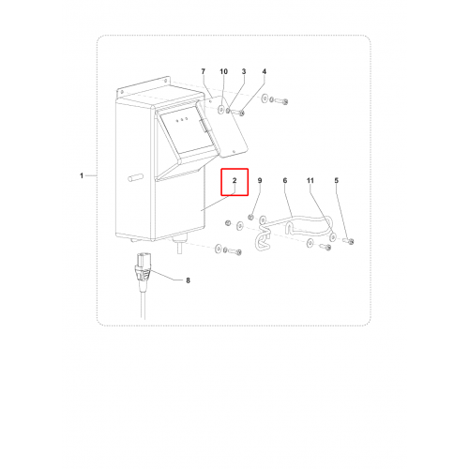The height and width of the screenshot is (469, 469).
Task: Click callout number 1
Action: (82, 175)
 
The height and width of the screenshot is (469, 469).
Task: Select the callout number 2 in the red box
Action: (234, 180)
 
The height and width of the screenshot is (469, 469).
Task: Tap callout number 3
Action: (244, 71)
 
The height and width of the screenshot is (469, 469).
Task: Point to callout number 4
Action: (265, 71)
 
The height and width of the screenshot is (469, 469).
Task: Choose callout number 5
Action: (337, 180)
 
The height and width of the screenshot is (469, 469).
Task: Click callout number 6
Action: (285, 180)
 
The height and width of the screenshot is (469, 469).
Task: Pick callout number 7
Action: (204, 71)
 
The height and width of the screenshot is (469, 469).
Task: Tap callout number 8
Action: (188, 280)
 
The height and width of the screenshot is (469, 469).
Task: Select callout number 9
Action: (260, 180)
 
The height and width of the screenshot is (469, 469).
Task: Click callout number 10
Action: (223, 71)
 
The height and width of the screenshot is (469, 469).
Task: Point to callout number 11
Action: (310, 180)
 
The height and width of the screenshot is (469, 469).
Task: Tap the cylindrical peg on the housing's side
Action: (136, 177)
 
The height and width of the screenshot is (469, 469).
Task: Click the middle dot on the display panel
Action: (182, 120)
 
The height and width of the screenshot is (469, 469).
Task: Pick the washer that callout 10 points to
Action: (221, 110)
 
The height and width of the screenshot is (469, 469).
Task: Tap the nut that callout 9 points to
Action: (250, 217)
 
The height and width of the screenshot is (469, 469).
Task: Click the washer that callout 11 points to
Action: (333, 237)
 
